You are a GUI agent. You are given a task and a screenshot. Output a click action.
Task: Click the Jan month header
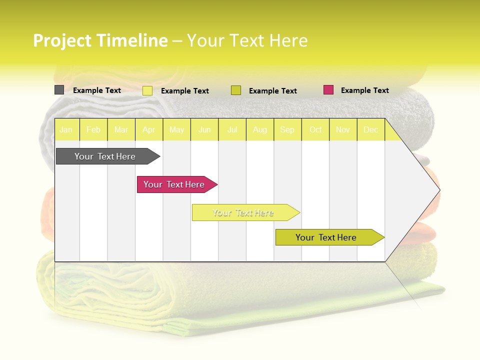click(x=66, y=130)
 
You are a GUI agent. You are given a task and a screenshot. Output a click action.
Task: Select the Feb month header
click(x=93, y=130)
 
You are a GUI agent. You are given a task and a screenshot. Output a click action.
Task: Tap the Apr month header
click(x=148, y=130)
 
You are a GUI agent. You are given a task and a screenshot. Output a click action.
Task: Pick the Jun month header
click(x=204, y=130)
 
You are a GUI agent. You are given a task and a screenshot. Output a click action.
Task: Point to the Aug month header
click(x=259, y=130)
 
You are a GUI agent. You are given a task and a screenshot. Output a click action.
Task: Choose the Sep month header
click(x=287, y=130)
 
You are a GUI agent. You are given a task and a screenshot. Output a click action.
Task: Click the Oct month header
click(x=315, y=130)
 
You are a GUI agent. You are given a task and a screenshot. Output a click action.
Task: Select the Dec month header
click(x=370, y=130)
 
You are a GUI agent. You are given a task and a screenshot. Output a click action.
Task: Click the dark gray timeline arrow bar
click(x=105, y=156)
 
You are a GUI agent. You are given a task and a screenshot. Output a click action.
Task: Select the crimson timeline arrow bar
click(x=174, y=184)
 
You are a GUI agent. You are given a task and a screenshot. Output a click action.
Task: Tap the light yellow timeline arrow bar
click(x=243, y=212)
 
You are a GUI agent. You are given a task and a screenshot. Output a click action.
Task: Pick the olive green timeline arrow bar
click(x=326, y=237)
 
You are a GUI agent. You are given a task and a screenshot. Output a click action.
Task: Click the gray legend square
click(x=59, y=90)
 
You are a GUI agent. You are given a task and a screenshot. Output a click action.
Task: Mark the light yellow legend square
click(x=147, y=90)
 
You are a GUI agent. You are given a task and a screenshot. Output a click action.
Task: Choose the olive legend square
click(x=236, y=90)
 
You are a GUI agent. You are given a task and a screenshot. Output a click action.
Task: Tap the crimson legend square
click(x=328, y=90)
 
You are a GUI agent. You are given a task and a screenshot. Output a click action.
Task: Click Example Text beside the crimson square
click(x=364, y=90)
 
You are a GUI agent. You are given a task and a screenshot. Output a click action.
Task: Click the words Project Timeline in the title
click(x=100, y=40)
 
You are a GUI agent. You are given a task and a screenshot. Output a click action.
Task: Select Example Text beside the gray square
click(x=96, y=90)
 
